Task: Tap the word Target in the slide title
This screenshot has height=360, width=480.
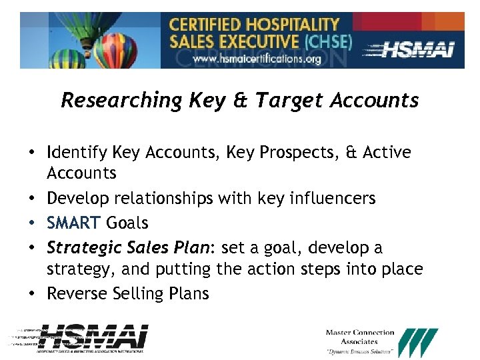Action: [x=291, y=100]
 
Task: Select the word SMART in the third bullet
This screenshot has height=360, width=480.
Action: [x=73, y=223]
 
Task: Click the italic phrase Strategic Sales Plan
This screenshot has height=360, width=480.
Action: [x=128, y=248]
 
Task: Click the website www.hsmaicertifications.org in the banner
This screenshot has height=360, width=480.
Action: [x=257, y=59]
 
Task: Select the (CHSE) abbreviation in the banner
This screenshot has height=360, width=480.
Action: [x=327, y=41]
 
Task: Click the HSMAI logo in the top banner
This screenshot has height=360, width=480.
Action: [x=417, y=49]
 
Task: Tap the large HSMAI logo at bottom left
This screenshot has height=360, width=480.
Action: [x=93, y=337]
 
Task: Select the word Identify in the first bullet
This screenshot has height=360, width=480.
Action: [x=74, y=153]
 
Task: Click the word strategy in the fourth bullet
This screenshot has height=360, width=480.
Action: [x=75, y=269]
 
